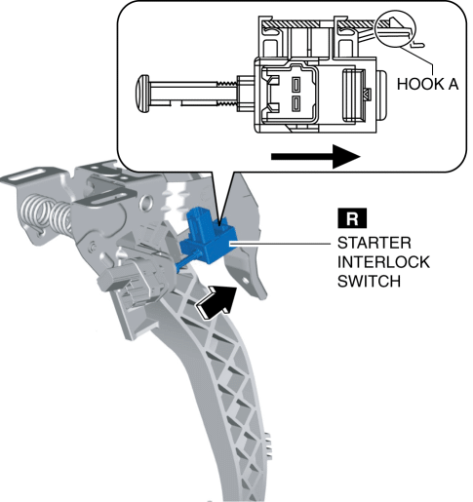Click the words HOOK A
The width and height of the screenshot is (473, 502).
click(427, 84)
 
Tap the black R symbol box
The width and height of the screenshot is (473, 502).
click(352, 218)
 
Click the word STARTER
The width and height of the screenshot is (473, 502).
click(374, 243)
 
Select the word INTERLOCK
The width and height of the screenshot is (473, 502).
click(383, 262)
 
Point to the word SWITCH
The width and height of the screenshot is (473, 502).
click(369, 282)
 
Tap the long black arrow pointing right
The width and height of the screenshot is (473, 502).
click(315, 157)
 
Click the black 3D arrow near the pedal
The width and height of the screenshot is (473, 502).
click(217, 300)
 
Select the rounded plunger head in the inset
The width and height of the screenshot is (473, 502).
click(141, 94)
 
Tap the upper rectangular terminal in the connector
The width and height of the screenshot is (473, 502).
click(296, 84)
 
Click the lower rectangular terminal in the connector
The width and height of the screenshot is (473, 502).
click(296, 102)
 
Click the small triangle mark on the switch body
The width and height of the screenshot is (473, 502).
click(367, 95)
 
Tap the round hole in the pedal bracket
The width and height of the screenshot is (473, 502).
click(147, 201)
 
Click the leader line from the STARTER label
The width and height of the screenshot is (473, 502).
click(282, 243)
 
